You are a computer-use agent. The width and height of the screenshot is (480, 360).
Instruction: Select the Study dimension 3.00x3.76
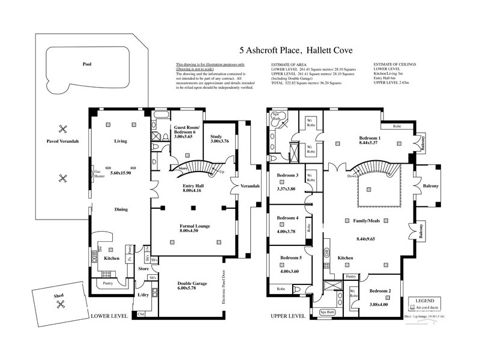tap(215, 142)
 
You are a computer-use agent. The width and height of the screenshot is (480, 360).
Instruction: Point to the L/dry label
tap(143, 295)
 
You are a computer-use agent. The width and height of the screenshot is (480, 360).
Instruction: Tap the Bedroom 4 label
tap(287, 218)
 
